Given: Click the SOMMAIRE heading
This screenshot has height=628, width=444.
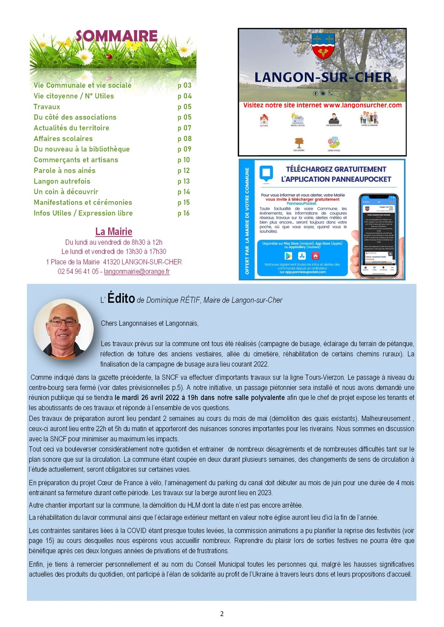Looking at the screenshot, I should (x=116, y=36).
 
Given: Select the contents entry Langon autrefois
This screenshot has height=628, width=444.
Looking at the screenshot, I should (x=62, y=181).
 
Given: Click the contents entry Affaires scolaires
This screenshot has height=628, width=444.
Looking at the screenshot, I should (x=63, y=138).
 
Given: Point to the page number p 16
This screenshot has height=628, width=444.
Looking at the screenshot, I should (x=184, y=213).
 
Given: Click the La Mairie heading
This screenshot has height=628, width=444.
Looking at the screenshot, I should (x=114, y=231).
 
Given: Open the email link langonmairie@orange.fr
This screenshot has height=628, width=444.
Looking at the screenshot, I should (x=137, y=271).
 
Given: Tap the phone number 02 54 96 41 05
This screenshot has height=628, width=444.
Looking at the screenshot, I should (x=78, y=271).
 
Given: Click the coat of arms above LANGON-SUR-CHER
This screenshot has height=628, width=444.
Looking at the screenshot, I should (x=323, y=46).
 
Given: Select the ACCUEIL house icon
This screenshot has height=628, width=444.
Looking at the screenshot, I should (x=264, y=119).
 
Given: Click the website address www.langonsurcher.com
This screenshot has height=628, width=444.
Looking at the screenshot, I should (x=362, y=105).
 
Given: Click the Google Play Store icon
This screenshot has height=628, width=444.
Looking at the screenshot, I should (x=288, y=256).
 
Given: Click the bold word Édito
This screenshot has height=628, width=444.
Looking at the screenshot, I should (x=121, y=298).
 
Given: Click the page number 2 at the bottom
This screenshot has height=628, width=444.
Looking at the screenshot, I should (x=222, y=614).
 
